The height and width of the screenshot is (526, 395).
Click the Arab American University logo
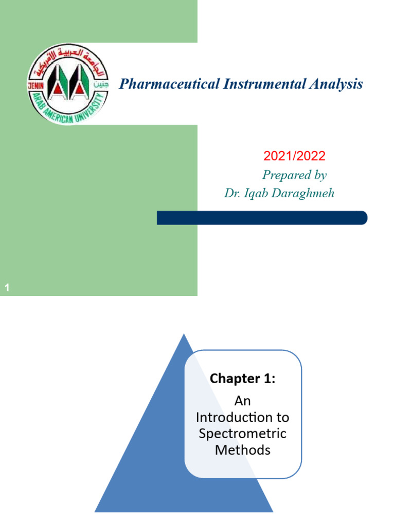point(67,84)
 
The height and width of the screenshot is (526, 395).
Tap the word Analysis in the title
point(336,84)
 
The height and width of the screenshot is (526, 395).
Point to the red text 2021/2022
point(294,157)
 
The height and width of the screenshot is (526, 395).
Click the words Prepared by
point(294,175)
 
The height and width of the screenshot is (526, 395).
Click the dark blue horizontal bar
point(262,218)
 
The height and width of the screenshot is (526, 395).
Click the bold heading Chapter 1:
point(243,379)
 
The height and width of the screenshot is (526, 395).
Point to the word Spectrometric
point(243,434)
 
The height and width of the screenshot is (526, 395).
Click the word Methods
point(243,450)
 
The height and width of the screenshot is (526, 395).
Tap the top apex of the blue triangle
point(184,335)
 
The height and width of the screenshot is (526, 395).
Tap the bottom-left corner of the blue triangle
point(96,511)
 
